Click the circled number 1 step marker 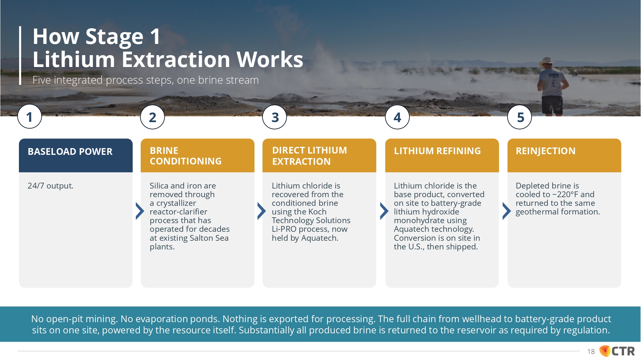pyautogui.click(x=29, y=117)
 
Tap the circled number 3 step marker pyautogui.click(x=275, y=117)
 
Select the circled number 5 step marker pyautogui.click(x=520, y=117)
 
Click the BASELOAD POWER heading pyautogui.click(x=70, y=151)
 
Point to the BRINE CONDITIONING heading pyautogui.click(x=186, y=156)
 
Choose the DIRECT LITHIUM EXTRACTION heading pyautogui.click(x=309, y=156)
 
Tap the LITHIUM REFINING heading pyautogui.click(x=437, y=151)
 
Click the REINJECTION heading pyautogui.click(x=545, y=151)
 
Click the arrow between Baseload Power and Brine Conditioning pyautogui.click(x=139, y=211)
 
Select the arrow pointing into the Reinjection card pyautogui.click(x=506, y=211)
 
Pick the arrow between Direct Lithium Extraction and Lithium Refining pyautogui.click(x=384, y=211)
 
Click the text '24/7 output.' pyautogui.click(x=50, y=186)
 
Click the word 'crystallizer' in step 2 pyautogui.click(x=176, y=203)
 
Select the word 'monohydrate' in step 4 pyautogui.click(x=430, y=221)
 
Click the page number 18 pyautogui.click(x=591, y=352)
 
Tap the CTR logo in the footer pyautogui.click(x=617, y=351)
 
